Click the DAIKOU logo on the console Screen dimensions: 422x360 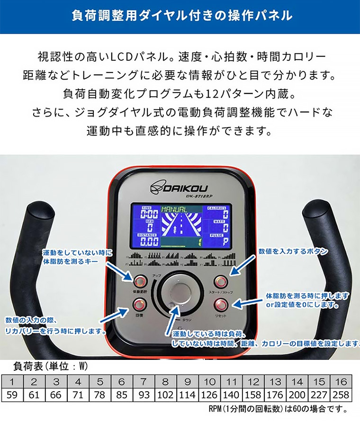pos(179,188)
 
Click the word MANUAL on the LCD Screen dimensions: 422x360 pos(175,208)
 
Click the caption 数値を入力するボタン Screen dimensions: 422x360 pos(293,252)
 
